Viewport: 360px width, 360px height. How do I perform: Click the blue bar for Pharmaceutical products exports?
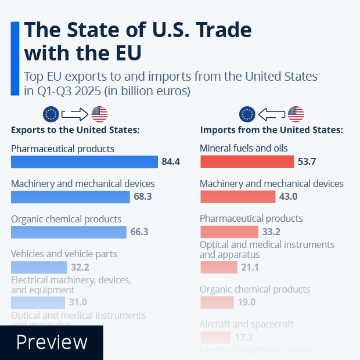[x=84, y=161]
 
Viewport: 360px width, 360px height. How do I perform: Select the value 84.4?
[x=171, y=161]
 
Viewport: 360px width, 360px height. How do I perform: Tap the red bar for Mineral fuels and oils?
[x=247, y=161]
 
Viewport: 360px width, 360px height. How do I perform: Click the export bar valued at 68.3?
[x=70, y=197]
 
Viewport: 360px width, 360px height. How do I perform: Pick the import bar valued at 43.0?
[x=237, y=197]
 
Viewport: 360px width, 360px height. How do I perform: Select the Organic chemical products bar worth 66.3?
[x=69, y=232]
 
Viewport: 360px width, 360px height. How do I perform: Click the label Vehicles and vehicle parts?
[x=64, y=254]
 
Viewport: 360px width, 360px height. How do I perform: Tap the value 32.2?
[x=80, y=267]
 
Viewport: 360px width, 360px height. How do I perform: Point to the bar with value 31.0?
[x=38, y=303]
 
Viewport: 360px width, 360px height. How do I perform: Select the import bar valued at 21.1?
[x=219, y=267]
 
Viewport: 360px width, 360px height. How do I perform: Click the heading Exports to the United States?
[x=75, y=129]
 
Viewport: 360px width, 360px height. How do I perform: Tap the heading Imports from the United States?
[x=271, y=129]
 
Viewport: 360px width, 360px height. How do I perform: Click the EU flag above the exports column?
[x=51, y=113]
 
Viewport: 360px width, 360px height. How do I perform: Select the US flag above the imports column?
[x=296, y=113]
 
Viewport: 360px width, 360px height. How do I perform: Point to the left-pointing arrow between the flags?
[x=272, y=113]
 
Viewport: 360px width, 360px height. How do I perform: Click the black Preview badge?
[x=51, y=342]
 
